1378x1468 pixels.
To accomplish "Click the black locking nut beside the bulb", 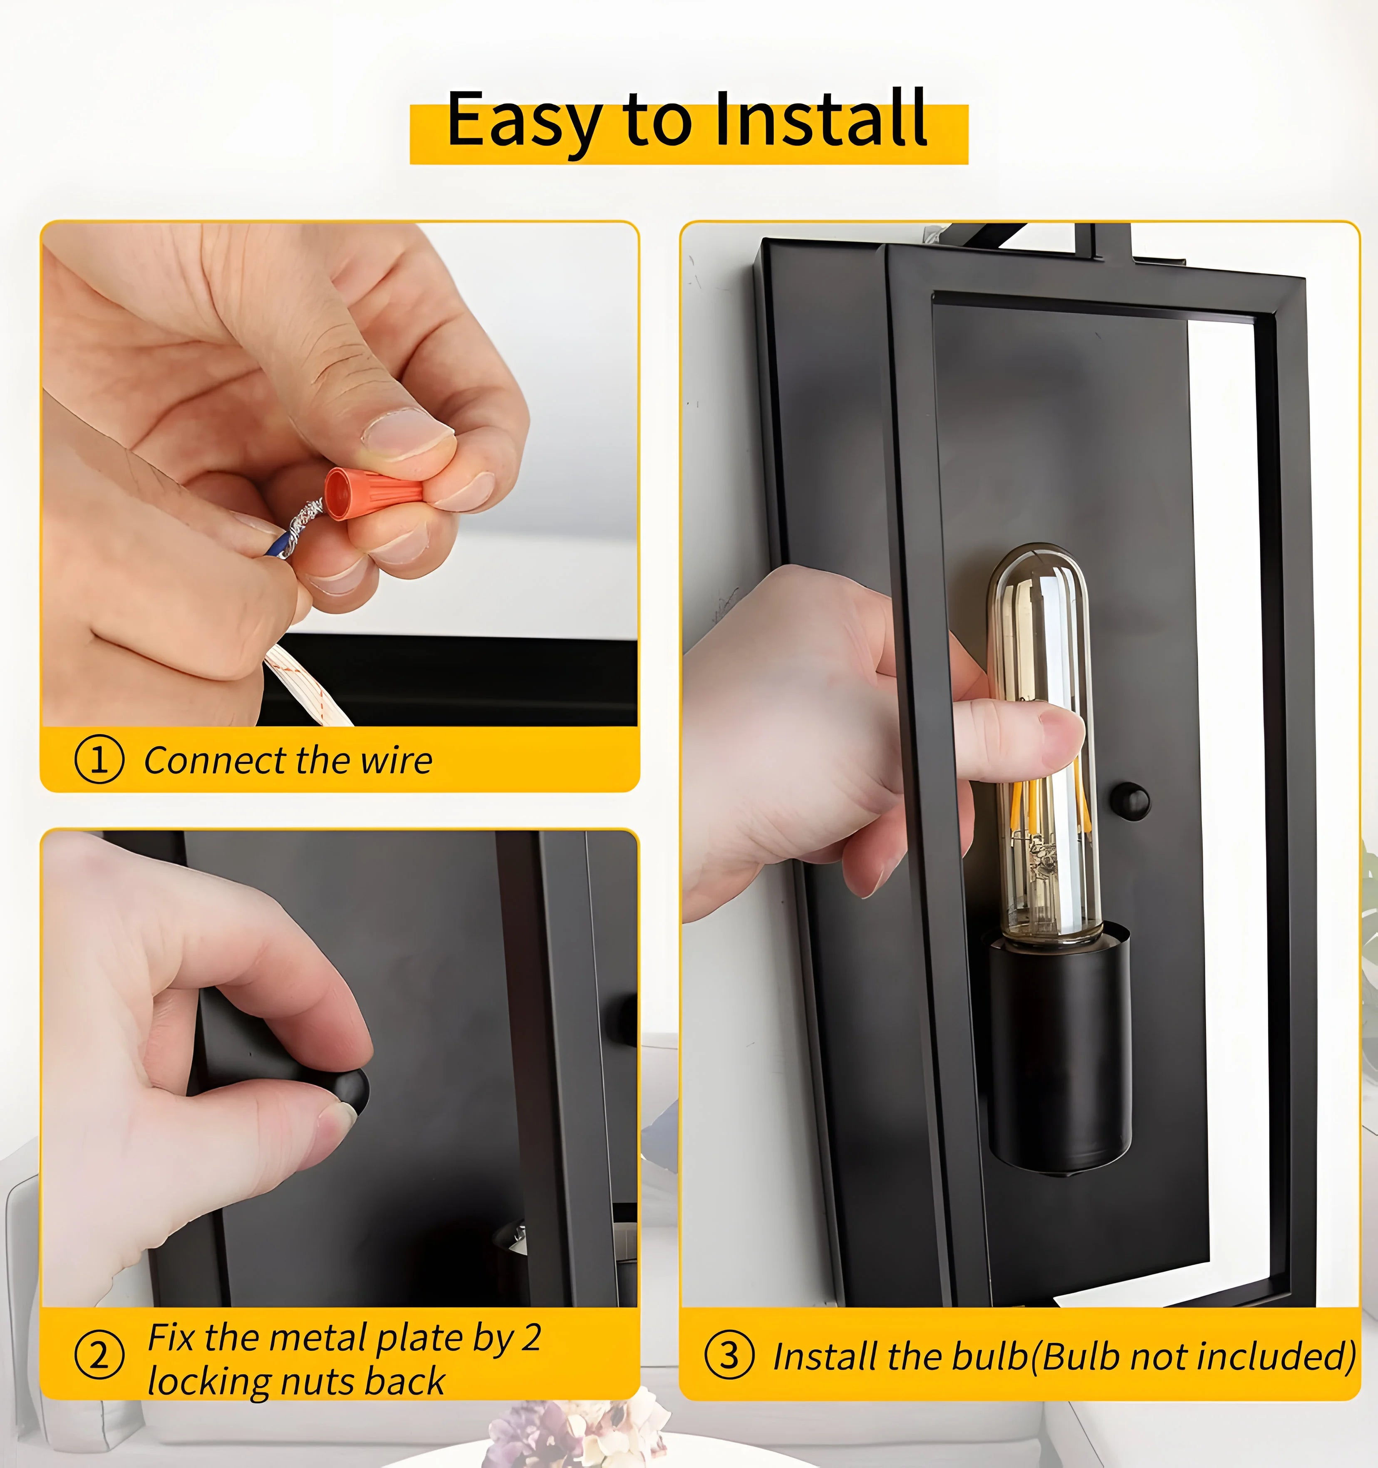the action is point(1130,801).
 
